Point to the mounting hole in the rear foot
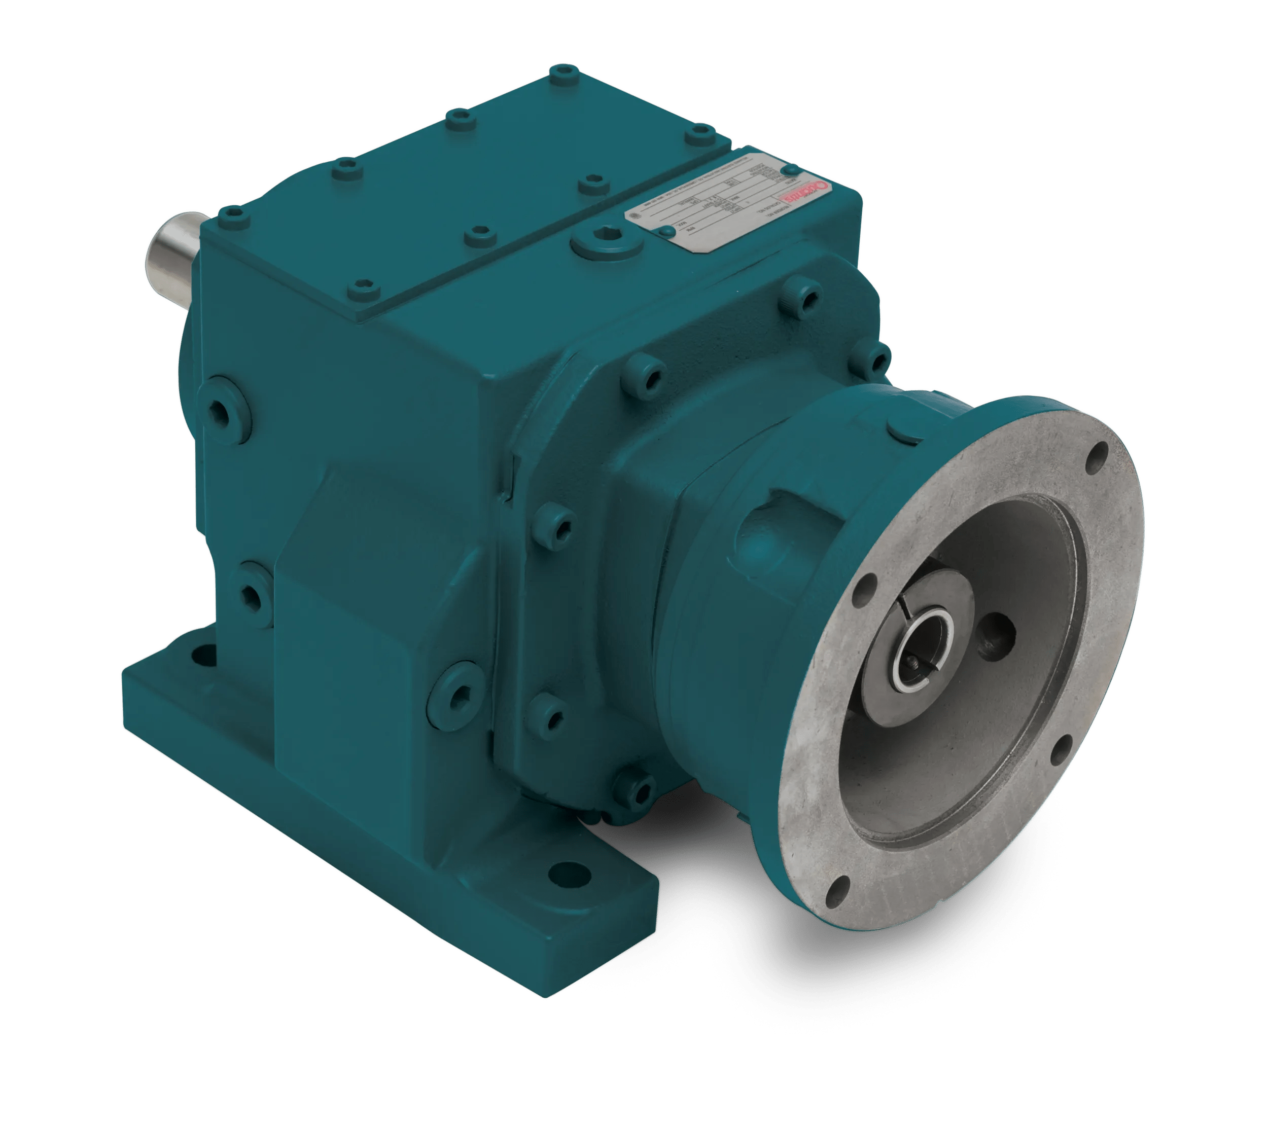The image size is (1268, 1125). [x=201, y=655]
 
